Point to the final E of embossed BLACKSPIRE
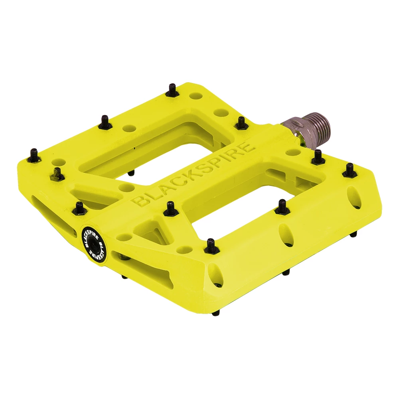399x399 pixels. click(248, 148)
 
